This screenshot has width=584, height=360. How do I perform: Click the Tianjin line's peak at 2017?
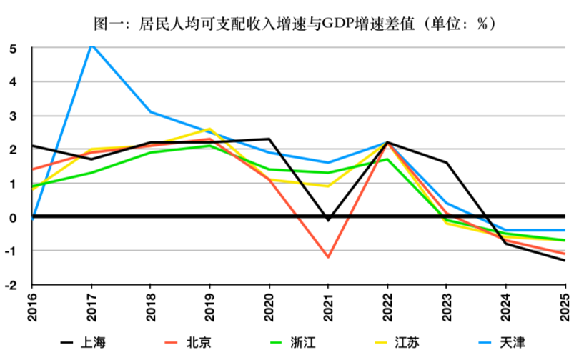[x=91, y=45]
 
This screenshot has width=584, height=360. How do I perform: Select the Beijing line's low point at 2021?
[x=328, y=257]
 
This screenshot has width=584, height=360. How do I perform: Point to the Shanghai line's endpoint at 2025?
[x=565, y=260]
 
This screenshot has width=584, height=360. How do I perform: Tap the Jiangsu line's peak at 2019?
[x=209, y=129]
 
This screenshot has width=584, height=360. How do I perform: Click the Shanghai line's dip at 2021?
[x=328, y=219]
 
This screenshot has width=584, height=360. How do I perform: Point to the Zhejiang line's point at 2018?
[x=151, y=152]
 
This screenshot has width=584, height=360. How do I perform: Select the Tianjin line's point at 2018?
[x=151, y=112]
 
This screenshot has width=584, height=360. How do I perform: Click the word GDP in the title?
[x=332, y=24]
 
